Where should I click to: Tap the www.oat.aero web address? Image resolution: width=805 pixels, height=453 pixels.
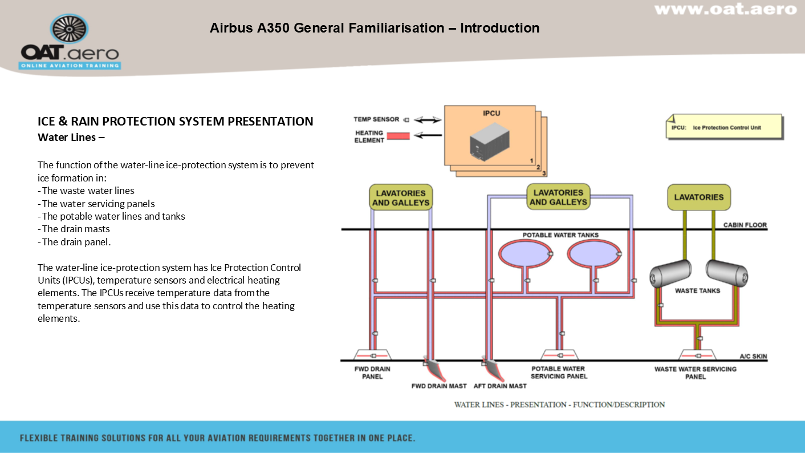tap(725, 10)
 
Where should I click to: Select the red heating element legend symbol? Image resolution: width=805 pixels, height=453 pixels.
tap(399, 136)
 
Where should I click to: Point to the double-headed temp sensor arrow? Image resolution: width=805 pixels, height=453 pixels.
tap(428, 120)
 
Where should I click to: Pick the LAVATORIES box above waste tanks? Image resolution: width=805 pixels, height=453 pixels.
tap(698, 197)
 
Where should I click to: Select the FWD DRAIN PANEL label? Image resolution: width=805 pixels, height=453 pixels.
tap(372, 373)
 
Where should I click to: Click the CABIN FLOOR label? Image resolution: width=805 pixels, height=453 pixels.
tap(745, 225)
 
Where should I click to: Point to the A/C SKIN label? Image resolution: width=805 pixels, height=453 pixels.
tap(753, 357)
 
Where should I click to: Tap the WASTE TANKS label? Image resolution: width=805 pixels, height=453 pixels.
tap(697, 291)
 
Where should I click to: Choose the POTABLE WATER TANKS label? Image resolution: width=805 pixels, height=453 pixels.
tap(560, 235)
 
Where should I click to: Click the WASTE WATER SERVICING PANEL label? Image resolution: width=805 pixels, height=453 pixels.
tap(695, 373)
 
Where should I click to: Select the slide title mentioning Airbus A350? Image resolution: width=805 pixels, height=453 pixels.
tap(375, 28)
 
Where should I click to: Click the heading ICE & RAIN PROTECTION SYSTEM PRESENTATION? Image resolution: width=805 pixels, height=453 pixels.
tap(176, 122)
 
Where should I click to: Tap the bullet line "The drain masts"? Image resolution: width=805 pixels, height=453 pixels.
tap(74, 229)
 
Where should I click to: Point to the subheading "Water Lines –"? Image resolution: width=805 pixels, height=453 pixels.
tap(71, 137)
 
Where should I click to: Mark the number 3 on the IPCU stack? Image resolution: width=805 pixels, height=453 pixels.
tap(544, 173)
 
